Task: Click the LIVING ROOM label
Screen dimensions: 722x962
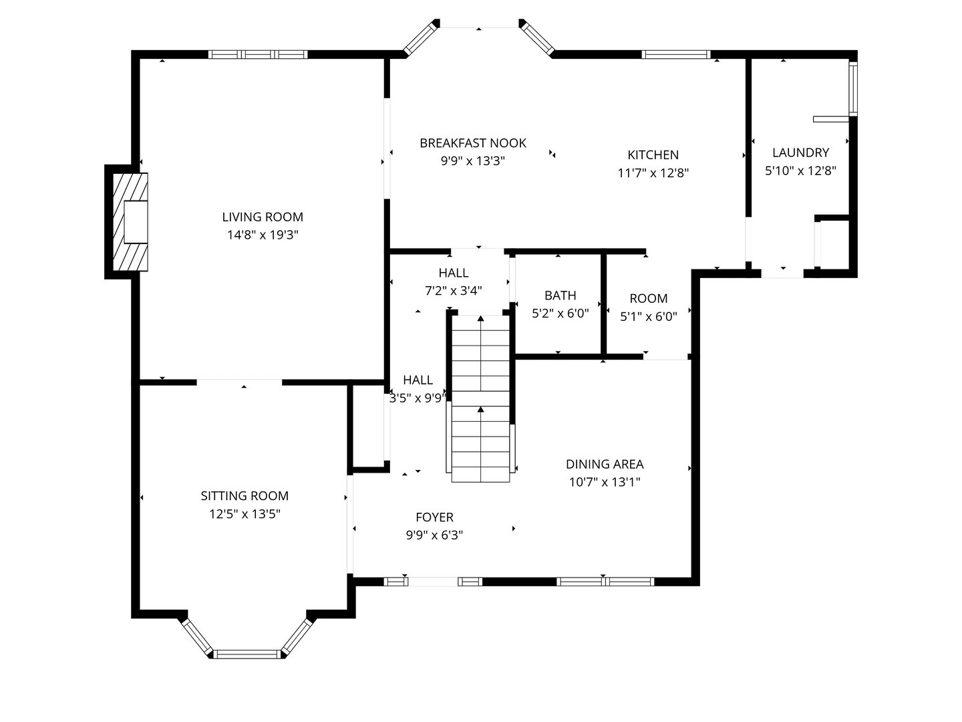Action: coord(263,217)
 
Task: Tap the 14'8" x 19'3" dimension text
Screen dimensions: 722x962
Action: coord(263,235)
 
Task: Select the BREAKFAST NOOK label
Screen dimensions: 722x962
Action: coord(473,143)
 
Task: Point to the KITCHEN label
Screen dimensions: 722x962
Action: coord(653,155)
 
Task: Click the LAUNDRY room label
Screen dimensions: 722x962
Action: coord(800,152)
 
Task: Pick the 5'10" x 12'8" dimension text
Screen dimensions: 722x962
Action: coord(800,170)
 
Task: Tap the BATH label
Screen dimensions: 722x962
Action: coord(560,295)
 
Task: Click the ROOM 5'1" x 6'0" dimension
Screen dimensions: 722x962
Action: coord(648,317)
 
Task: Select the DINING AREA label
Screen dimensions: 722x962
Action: coord(605,464)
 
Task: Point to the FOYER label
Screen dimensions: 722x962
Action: coord(434,517)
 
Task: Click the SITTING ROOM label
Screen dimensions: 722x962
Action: coord(245,496)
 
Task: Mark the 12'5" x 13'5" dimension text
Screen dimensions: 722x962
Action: coord(245,514)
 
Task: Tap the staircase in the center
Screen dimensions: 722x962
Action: coord(480,398)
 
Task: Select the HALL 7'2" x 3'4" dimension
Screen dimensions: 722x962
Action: coord(454,291)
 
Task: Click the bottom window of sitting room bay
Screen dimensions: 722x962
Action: coord(247,654)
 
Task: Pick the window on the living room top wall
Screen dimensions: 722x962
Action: coord(258,55)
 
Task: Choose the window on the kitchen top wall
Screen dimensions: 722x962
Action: coord(676,55)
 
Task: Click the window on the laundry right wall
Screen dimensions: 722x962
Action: coord(852,89)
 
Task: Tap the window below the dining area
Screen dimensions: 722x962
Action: coord(605,582)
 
